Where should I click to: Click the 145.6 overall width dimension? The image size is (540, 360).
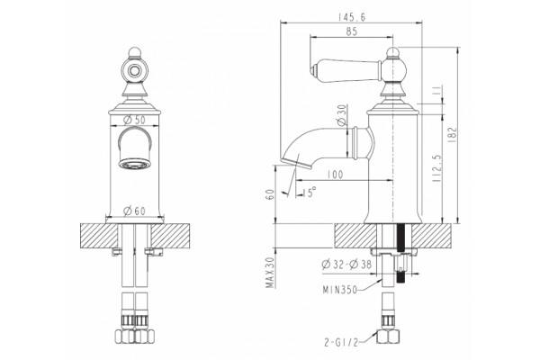tap(352, 17)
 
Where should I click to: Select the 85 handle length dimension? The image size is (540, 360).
tap(352, 31)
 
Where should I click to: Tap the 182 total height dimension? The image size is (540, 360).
tap(453, 135)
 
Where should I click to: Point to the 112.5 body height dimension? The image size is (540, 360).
tap(436, 168)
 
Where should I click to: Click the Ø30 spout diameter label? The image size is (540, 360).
tap(341, 115)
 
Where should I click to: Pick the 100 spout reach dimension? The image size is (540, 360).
tap(335, 175)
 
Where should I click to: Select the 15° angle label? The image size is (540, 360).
tap(310, 192)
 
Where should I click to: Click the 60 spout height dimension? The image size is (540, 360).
tap(271, 194)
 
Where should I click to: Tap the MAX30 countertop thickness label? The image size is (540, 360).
tap(271, 273)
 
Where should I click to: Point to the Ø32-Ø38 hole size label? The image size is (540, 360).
tap(346, 265)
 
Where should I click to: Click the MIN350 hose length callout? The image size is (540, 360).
tap(340, 290)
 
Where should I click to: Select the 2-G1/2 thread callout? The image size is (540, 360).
tap(341, 342)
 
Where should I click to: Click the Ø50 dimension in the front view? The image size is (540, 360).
tap(134, 120)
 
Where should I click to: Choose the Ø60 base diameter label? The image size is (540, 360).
tap(134, 211)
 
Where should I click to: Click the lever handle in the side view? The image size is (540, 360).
tap(346, 71)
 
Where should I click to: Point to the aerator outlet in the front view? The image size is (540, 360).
tap(135, 164)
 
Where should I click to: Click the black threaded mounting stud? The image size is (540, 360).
tap(400, 238)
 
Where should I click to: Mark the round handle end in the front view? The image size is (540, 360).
tap(134, 70)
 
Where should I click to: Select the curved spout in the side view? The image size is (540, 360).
tap(303, 145)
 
